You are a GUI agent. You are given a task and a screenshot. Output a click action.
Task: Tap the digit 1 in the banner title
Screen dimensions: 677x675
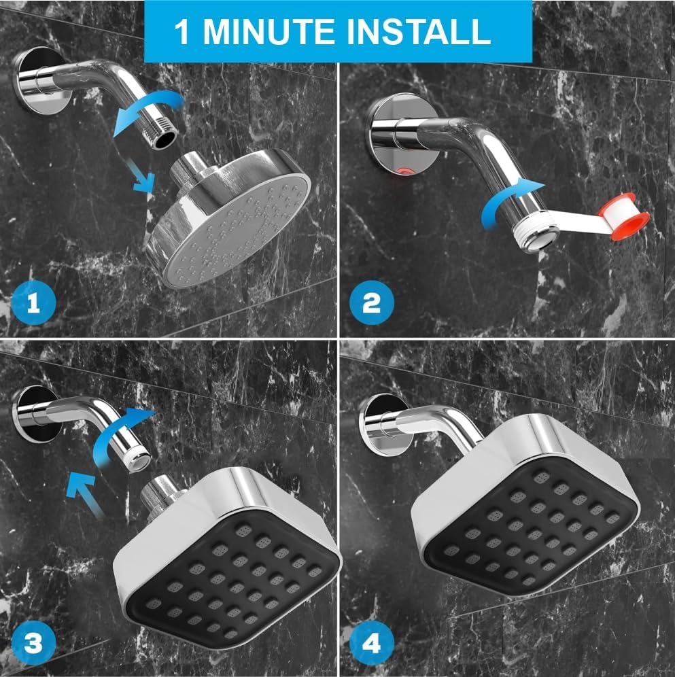click(182, 31)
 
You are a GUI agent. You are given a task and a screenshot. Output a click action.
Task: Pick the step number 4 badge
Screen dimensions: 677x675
click(372, 642)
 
